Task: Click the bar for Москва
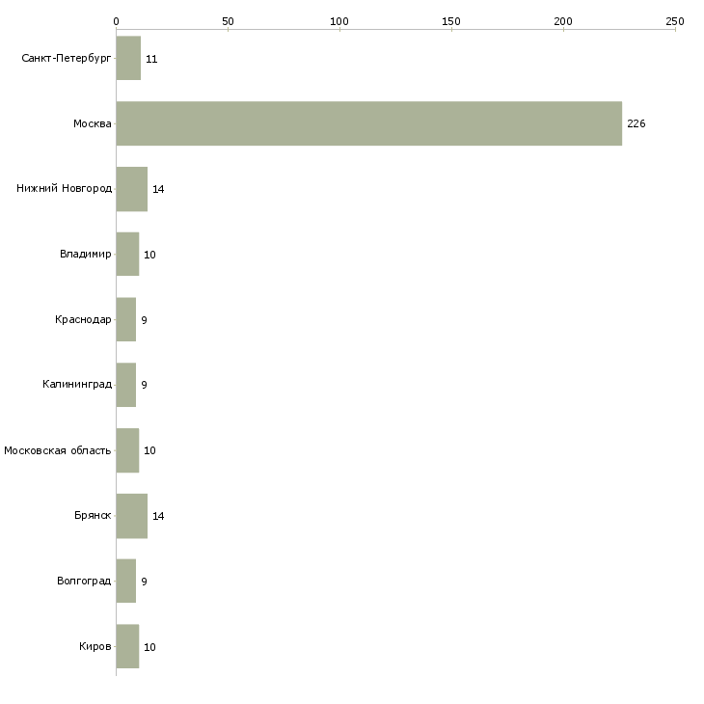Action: coord(369,123)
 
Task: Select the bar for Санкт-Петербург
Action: coord(128,59)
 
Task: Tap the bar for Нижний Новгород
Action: coord(131,189)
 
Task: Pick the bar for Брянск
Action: coord(131,516)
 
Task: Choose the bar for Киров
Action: coord(127,646)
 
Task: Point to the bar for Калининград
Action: coord(126,385)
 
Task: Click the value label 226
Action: coord(636,124)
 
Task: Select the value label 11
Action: coord(151,59)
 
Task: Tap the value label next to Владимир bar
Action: coord(149,255)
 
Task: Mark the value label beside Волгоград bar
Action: coord(144,582)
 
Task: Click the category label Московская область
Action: coord(58,450)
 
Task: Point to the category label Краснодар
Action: coord(83,320)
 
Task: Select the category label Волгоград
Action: coord(84,582)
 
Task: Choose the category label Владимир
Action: coord(85,255)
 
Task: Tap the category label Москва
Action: coord(93,124)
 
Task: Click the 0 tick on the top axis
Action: coord(116,20)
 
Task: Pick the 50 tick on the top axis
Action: coord(228,20)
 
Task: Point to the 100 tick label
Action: coord(339,20)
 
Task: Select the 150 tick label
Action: coord(451,20)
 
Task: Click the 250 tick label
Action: coord(675,20)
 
